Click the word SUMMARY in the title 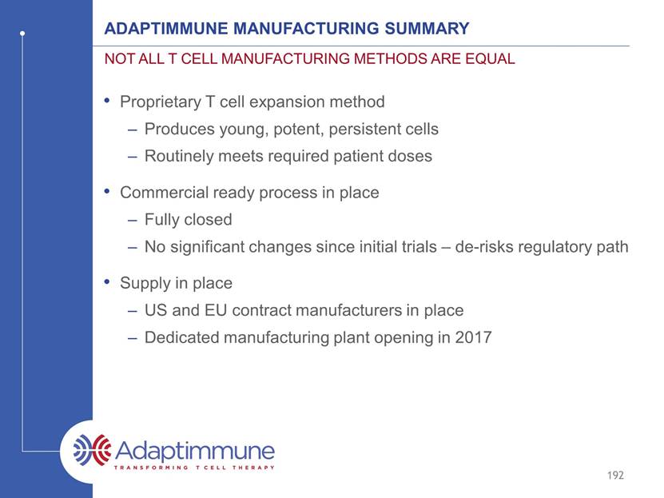427,28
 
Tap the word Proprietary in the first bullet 161,102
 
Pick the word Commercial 164,193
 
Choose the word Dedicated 181,337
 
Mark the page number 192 615,475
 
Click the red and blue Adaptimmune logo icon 92,449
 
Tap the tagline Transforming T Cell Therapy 194,468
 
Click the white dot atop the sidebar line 22,33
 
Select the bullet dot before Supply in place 107,281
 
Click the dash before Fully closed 133,221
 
